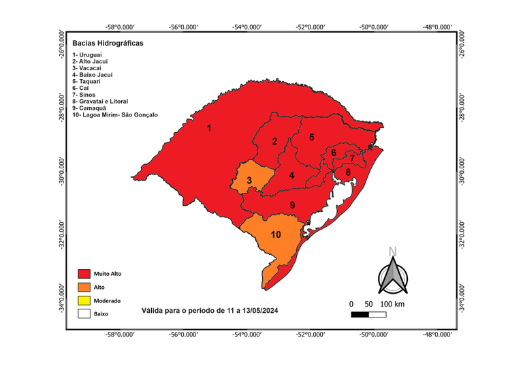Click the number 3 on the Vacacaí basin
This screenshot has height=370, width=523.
(250, 181)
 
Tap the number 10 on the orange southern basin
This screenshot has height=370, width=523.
(276, 234)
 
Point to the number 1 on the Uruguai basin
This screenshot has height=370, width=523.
(209, 128)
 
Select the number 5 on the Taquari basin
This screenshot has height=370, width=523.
(311, 137)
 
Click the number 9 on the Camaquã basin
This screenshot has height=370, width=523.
(292, 205)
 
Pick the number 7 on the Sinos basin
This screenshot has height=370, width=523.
(351, 158)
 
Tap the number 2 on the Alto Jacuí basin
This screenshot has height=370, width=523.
(274, 142)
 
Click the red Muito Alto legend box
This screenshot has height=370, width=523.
(84, 273)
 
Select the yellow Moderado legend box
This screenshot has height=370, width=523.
(84, 300)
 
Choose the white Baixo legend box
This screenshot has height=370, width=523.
(84, 314)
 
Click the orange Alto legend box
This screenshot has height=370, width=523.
(84, 287)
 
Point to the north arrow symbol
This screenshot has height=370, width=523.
(392, 272)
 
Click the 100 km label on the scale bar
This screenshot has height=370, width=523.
(392, 303)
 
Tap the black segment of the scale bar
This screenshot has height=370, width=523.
(360, 315)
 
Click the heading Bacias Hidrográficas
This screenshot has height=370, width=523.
(104, 43)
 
